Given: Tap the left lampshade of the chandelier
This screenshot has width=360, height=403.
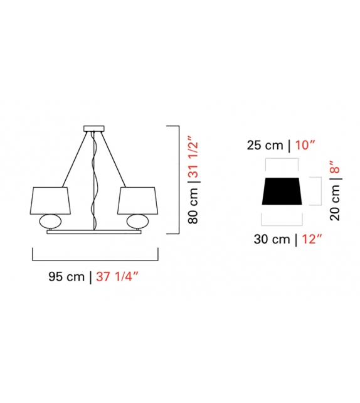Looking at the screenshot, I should click(50, 199).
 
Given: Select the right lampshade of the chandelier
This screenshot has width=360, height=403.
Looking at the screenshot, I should click(136, 199).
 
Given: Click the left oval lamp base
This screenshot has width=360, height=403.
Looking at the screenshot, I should click(50, 222).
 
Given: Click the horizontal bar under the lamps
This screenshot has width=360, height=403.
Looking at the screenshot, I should click(94, 232).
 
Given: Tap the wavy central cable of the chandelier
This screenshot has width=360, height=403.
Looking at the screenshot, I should click(95, 182).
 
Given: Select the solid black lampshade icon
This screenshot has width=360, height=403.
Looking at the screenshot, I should click(283, 191).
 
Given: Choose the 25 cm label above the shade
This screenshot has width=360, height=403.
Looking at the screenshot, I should click(263, 146).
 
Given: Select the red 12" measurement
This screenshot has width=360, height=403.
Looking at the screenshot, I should click(310, 239).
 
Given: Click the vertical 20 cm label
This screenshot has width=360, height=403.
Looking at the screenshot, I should click(337, 205).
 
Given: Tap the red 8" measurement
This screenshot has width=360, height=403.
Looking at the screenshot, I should click(337, 168).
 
